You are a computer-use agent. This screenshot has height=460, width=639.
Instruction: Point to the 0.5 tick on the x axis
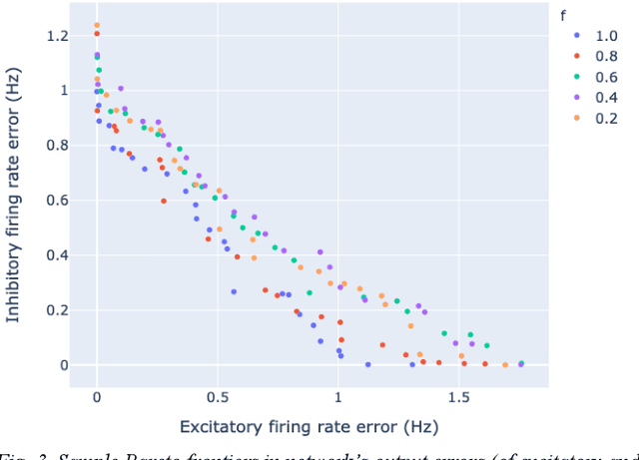217,397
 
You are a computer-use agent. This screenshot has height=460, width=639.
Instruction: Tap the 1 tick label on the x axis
337,397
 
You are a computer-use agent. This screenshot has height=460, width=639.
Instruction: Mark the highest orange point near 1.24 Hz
97,26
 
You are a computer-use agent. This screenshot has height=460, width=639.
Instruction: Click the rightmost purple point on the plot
520,365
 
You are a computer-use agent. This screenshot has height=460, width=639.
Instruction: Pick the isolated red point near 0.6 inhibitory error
164,201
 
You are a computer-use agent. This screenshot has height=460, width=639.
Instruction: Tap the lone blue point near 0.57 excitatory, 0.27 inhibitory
234,292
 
